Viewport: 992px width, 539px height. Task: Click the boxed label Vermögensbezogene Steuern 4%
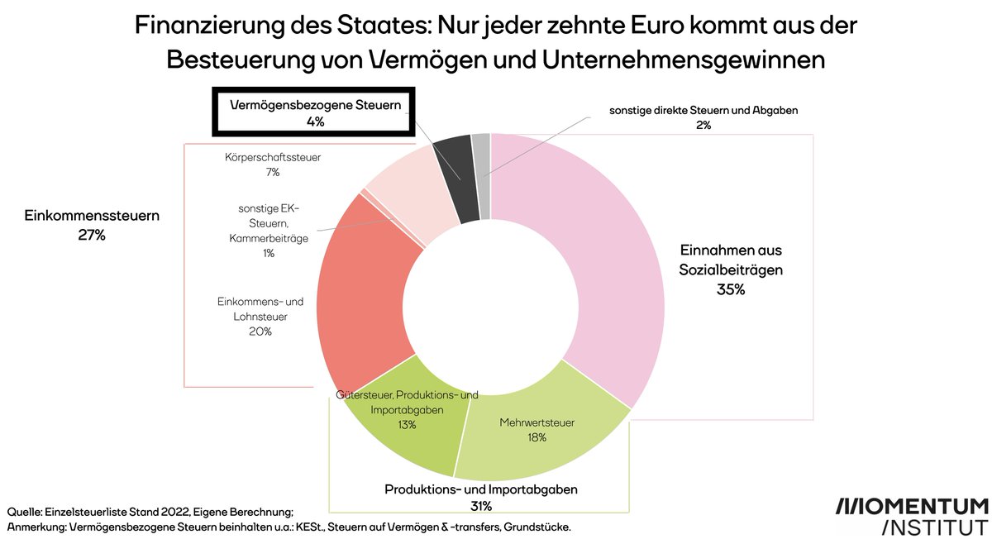pos(314,113)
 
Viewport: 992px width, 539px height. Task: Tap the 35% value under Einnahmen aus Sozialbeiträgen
pos(731,290)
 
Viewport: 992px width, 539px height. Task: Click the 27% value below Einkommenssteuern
pos(92,235)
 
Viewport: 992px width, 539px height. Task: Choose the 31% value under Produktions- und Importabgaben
pos(481,506)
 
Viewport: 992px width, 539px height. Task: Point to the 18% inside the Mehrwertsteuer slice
pos(536,437)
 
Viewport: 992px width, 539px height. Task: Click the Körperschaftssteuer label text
pos(273,156)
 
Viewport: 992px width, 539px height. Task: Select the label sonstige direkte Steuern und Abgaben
pos(703,109)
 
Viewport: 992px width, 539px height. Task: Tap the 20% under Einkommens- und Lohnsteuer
pos(260,332)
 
